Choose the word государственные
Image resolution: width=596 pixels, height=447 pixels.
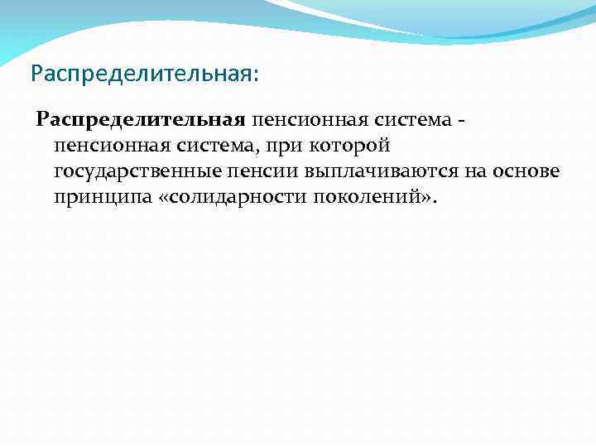click(x=130, y=173)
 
